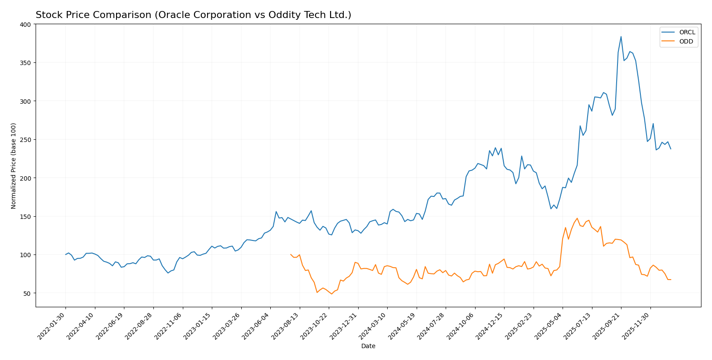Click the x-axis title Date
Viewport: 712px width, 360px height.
pyautogui.click(x=368, y=346)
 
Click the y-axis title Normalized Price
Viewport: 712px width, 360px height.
pyautogui.click(x=14, y=166)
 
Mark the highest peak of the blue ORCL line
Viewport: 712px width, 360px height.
pyautogui.click(x=621, y=36)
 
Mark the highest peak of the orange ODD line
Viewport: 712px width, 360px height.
pyautogui.click(x=577, y=218)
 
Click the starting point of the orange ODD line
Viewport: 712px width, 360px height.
pyautogui.click(x=291, y=254)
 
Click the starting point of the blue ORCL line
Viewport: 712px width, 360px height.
pyautogui.click(x=65, y=255)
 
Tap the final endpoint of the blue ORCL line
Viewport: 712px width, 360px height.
pyautogui.click(x=671, y=149)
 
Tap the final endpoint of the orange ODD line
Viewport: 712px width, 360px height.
pyautogui.click(x=671, y=280)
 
